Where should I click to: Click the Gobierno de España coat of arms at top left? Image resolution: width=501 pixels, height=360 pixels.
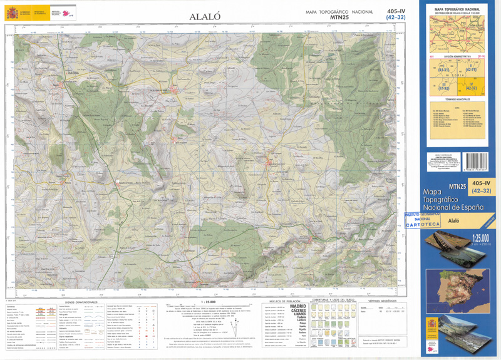click(9, 13)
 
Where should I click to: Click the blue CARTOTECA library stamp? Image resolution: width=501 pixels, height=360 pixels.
click(422, 219)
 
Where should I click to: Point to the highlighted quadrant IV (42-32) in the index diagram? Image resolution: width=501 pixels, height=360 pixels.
click(471, 85)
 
